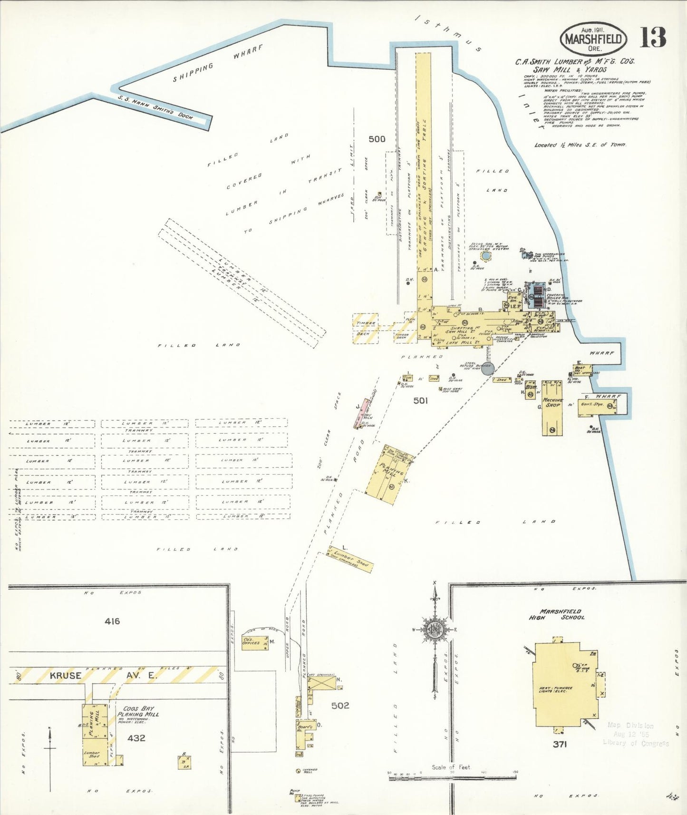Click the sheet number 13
[653, 38]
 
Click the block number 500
[377, 139]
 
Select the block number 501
[420, 401]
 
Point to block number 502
[340, 706]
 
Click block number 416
[112, 621]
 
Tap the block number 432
[136, 738]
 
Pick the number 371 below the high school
[560, 744]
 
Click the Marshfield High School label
[557, 614]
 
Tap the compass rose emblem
[435, 630]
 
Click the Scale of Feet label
[451, 767]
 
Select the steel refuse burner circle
[488, 368]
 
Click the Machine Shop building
[552, 407]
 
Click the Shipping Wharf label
[217, 64]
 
